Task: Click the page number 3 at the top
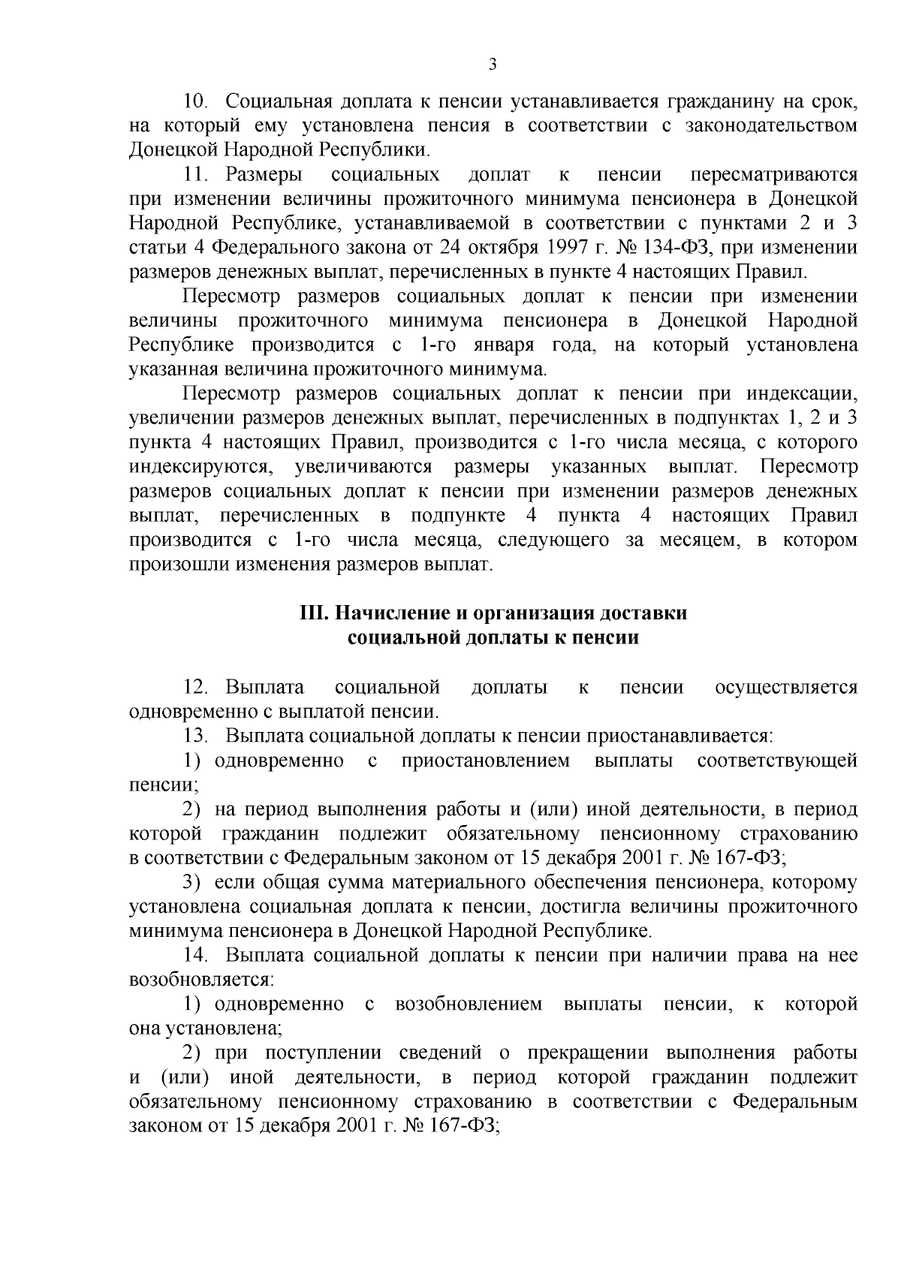tap(493, 65)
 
